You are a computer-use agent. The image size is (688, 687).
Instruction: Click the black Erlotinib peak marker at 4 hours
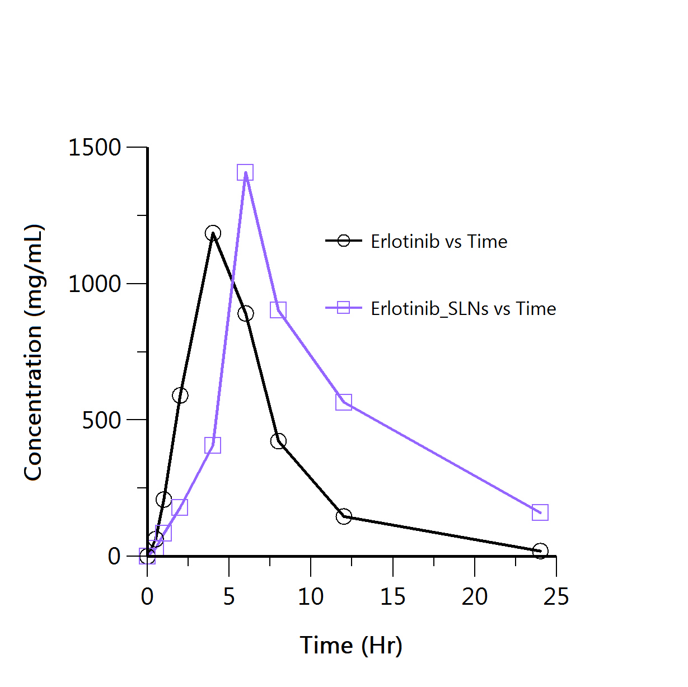coord(213,233)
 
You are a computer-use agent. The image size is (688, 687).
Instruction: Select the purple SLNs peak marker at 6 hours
coord(245,173)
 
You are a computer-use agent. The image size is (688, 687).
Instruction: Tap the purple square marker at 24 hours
coord(540,512)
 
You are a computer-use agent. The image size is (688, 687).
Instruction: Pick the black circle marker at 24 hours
coord(540,551)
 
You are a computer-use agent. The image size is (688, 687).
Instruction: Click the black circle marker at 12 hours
coord(344,516)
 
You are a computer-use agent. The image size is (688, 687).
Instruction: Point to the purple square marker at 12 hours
coord(344,402)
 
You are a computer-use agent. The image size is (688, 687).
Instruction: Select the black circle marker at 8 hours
coord(278,441)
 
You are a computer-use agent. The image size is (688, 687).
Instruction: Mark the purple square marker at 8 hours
coord(278,310)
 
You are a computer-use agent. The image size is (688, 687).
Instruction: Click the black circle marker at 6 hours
coord(246,314)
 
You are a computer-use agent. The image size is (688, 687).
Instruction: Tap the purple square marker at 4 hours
coord(213,445)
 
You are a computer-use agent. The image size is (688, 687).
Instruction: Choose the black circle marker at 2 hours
coord(180,396)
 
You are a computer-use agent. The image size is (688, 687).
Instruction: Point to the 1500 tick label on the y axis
coord(95,148)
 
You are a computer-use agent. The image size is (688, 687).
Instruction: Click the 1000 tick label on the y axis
coord(95,284)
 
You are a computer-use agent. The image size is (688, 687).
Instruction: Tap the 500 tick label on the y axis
coord(101,420)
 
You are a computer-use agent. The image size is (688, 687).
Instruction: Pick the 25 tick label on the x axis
coord(556,597)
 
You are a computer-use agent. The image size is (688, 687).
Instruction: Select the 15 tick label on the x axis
coord(392,597)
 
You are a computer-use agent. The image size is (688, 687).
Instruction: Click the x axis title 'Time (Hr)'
coord(351,645)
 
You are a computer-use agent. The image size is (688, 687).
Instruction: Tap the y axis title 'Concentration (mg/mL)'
coord(34,352)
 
